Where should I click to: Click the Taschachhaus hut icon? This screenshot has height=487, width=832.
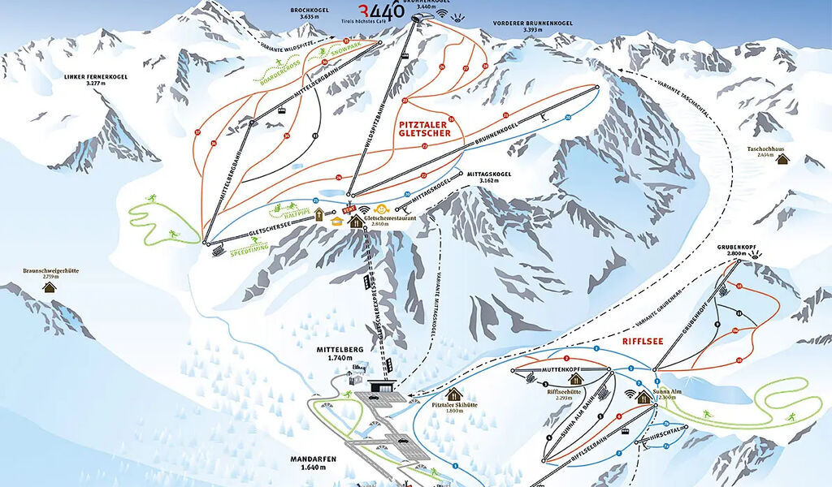click(x=782, y=159)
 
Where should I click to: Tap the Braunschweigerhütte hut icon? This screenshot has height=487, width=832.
click(x=50, y=287)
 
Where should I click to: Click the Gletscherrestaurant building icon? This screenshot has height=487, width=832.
click(x=357, y=222)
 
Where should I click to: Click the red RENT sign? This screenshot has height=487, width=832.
click(x=351, y=209)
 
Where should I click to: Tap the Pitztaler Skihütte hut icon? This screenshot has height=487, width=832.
click(x=453, y=394)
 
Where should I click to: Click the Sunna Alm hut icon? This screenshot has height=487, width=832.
click(x=643, y=396)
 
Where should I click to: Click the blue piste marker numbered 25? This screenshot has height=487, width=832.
click(x=315, y=200)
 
